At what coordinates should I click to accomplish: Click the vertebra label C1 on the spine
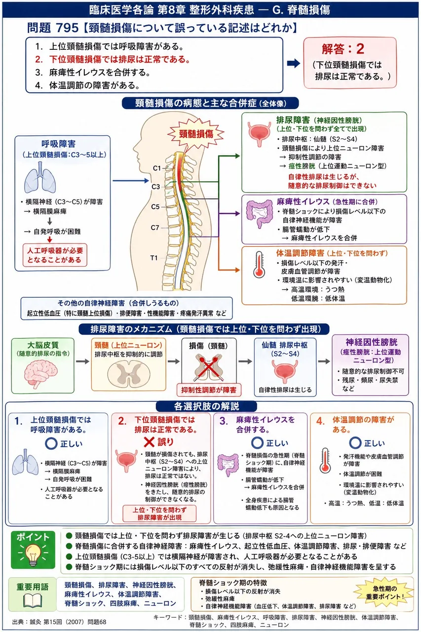(156, 168)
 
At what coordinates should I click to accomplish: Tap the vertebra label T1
(154, 258)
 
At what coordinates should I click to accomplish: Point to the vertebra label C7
(155, 228)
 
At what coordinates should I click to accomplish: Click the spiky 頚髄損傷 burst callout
(196, 133)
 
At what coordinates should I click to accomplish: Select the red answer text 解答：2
(343, 49)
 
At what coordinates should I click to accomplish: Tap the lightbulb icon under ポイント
(33, 554)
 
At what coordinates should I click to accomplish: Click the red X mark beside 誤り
(149, 442)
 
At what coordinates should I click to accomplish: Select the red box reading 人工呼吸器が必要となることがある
(55, 255)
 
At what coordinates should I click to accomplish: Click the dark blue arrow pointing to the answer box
(293, 63)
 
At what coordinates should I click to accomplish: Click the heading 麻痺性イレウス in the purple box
(303, 201)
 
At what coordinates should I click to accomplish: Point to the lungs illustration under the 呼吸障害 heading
(40, 177)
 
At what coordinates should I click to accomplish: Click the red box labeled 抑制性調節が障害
(209, 390)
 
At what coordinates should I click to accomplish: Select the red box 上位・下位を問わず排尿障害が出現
(159, 513)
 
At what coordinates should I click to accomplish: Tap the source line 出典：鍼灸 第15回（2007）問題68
(59, 622)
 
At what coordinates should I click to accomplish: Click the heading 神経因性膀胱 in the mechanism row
(371, 342)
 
